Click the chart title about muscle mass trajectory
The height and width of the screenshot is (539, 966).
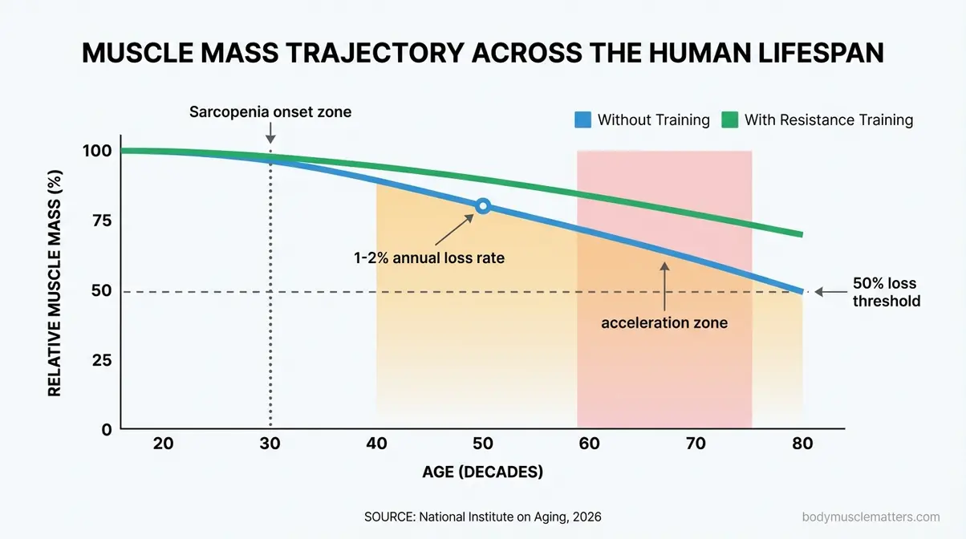482,53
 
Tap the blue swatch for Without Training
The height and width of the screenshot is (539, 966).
582,120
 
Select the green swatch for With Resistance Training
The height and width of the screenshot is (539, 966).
729,120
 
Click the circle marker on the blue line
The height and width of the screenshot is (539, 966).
482,206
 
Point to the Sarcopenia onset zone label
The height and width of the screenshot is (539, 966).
270,112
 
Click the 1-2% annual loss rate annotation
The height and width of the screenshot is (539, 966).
429,258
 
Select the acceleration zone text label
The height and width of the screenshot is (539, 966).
664,323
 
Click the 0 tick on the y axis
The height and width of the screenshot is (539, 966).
106,429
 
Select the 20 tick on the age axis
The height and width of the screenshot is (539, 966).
163,444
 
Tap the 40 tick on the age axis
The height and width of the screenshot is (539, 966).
376,444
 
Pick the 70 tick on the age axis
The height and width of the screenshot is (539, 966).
696,444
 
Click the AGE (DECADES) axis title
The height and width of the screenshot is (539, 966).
482,472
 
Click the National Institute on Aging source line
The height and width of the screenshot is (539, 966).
482,517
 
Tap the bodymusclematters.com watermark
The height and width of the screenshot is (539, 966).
871,517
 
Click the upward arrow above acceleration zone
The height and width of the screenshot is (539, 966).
664,285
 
